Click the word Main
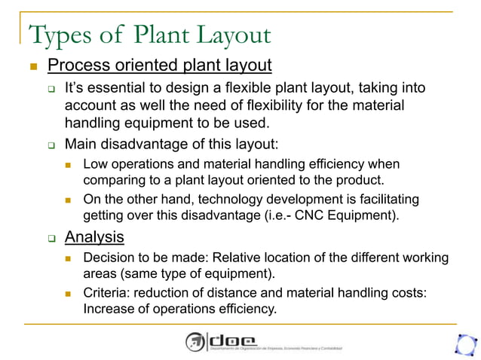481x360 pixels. click(80, 143)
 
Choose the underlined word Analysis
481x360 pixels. click(94, 238)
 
